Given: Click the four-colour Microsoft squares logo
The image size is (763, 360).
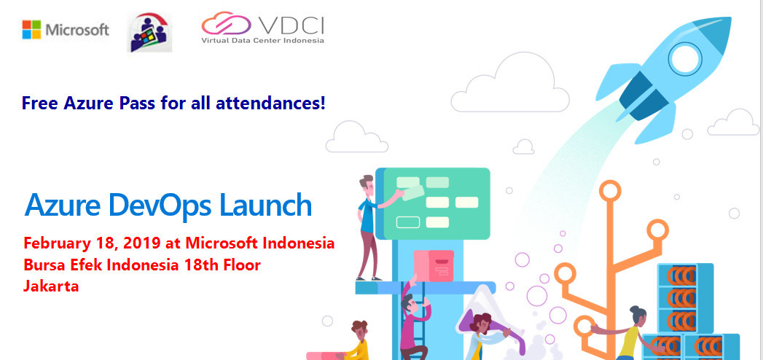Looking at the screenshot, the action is coord(31,30).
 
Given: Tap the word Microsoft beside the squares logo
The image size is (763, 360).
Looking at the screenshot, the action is coord(77,30).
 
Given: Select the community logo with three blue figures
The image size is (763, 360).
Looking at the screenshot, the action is coord(149,32).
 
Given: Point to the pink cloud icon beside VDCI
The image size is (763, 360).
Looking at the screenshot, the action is coord(226,23).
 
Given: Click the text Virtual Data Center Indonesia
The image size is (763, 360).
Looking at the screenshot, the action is coord(263,40).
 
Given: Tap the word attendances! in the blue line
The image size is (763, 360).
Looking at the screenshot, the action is coord(270,103).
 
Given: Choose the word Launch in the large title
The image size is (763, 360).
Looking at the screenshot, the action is coord(266,205).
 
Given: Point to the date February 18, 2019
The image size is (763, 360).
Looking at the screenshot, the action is coord(92,243).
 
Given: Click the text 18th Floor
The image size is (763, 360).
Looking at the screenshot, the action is coord(222,265).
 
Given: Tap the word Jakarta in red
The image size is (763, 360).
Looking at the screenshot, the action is coord(51,286).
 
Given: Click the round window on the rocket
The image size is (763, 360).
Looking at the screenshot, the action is coord(686,58).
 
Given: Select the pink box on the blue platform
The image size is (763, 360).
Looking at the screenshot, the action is coord(434,266).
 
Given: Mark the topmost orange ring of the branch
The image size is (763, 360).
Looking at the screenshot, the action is coord(610,190).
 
